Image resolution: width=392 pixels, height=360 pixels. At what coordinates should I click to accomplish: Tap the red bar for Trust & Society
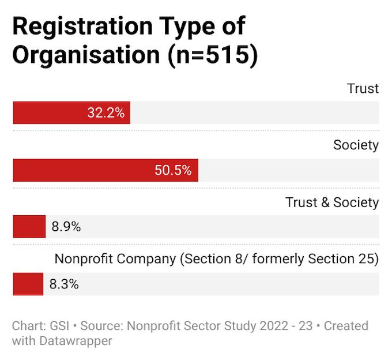(x=29, y=227)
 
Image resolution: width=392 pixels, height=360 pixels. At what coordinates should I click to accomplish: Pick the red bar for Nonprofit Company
(x=28, y=284)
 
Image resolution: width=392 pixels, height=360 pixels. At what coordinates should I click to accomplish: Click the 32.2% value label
(x=105, y=112)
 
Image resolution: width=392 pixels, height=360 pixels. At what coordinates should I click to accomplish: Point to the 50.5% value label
(x=173, y=170)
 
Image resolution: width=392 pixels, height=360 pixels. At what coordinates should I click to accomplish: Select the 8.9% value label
(x=66, y=227)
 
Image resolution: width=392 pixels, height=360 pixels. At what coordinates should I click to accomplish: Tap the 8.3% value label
(x=63, y=284)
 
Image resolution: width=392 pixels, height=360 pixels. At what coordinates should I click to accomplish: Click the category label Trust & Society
(x=332, y=202)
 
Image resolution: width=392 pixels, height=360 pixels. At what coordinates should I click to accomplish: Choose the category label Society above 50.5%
(x=356, y=145)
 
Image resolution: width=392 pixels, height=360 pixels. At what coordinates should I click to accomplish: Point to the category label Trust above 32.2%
(x=363, y=88)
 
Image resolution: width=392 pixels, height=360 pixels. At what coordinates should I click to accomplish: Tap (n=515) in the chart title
(x=212, y=55)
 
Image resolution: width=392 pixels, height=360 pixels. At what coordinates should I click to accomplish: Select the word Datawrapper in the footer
(x=75, y=340)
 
